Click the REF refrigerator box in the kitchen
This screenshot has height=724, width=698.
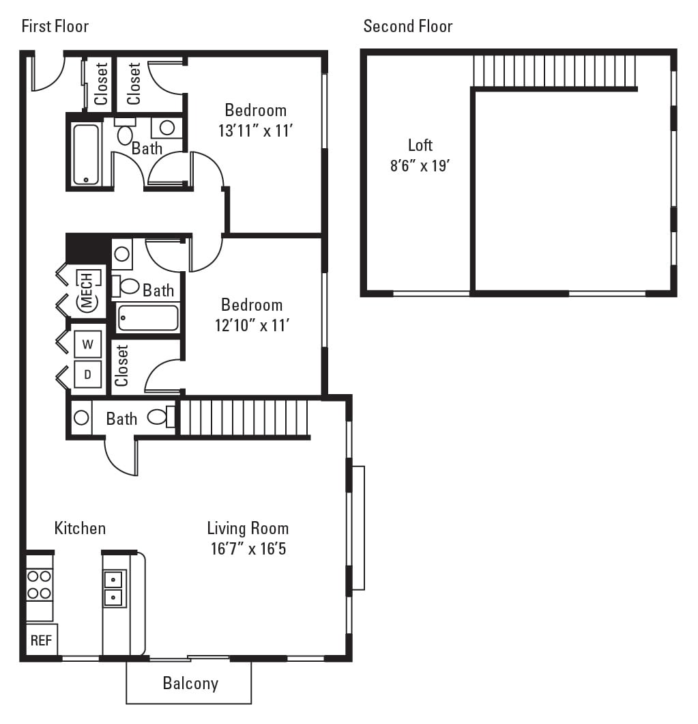click(42, 640)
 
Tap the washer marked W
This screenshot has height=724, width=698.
click(88, 344)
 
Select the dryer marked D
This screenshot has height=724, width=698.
click(88, 374)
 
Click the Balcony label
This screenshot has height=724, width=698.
click(190, 683)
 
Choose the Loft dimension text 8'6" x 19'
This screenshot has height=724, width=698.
click(420, 166)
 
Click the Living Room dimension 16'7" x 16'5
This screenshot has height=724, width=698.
click(248, 548)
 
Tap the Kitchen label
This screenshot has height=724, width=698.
click(80, 528)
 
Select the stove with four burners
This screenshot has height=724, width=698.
click(40, 585)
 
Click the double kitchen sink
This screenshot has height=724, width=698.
click(114, 589)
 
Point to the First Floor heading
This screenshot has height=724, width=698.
click(55, 27)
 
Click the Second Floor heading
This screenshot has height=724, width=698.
click(407, 27)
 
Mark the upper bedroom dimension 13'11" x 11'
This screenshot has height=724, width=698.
click(255, 130)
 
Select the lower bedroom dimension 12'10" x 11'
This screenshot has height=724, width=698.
click(252, 325)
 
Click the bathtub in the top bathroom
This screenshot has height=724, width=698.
click(86, 154)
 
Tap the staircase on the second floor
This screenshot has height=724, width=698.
click(554, 71)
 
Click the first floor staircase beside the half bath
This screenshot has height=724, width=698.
click(243, 417)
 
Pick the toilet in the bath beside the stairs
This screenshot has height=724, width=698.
click(158, 417)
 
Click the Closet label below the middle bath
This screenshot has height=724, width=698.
click(122, 365)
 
